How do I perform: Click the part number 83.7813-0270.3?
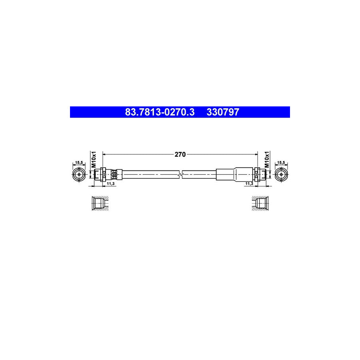[160, 112]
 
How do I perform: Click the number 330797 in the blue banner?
[222, 112]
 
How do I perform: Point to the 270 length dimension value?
[180, 154]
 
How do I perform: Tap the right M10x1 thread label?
[267, 160]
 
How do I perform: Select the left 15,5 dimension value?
[79, 162]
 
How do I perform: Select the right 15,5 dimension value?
[281, 162]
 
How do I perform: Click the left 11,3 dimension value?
[111, 183]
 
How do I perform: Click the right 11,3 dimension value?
[248, 183]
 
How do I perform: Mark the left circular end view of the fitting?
[79, 175]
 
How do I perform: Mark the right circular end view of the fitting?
[281, 175]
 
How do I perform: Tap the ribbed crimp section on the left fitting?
[115, 174]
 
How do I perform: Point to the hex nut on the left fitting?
[103, 174]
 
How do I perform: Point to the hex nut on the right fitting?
[257, 175]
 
